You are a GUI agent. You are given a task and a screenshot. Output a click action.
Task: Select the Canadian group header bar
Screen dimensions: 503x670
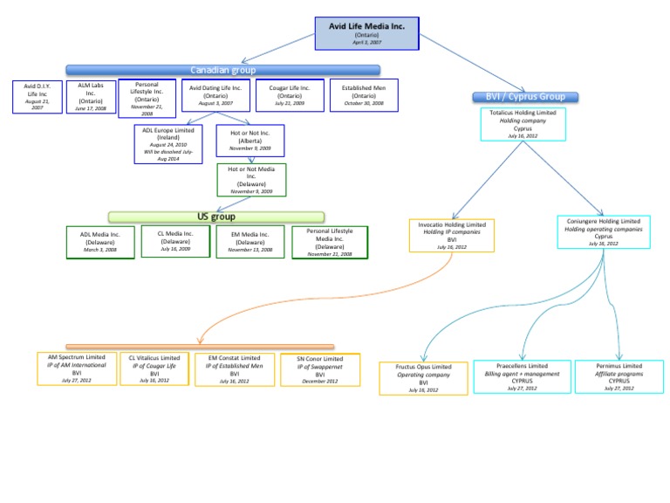pyautogui.click(x=217, y=70)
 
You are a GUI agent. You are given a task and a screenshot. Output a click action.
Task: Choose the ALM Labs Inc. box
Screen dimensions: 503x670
pyautogui.click(x=90, y=96)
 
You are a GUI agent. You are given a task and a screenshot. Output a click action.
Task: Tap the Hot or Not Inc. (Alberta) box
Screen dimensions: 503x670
pyautogui.click(x=250, y=141)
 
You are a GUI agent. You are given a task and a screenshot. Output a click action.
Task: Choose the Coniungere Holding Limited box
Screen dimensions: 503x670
pyautogui.click(x=603, y=232)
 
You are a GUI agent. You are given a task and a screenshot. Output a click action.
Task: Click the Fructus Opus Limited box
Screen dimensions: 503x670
pyautogui.click(x=423, y=377)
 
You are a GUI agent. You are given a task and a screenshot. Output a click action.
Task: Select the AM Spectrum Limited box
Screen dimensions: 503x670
pyautogui.click(x=77, y=369)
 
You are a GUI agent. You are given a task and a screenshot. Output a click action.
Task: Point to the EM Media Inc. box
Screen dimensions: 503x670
pyautogui.click(x=250, y=241)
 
